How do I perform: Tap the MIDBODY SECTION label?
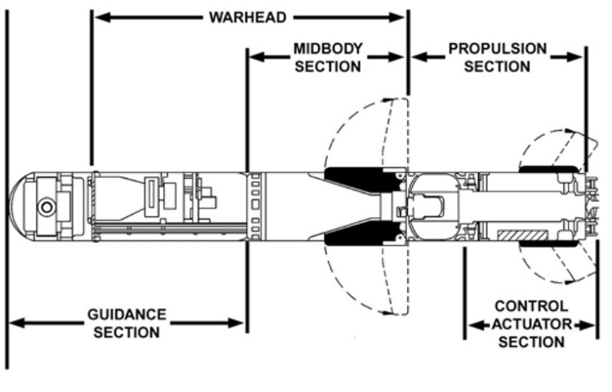[327, 57]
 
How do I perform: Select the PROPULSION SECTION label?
[497, 57]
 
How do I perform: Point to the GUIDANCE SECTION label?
[126, 323]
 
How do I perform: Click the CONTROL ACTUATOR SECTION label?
[530, 324]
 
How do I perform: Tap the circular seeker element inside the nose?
[47, 207]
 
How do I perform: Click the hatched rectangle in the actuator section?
[523, 236]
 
